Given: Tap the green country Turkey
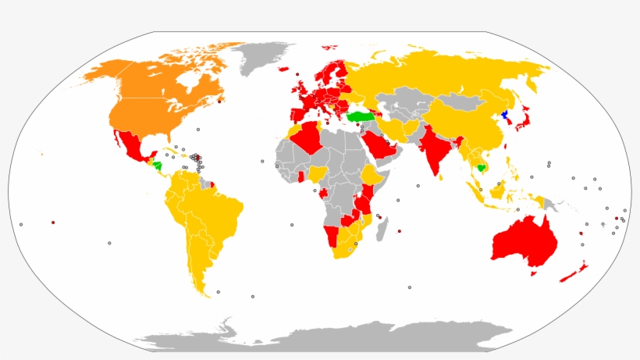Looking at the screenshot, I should [x=361, y=116].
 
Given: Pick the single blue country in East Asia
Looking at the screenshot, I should [x=505, y=115].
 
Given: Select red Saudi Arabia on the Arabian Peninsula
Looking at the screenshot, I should [x=379, y=145].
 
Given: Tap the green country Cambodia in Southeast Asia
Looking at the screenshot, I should [x=482, y=167].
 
